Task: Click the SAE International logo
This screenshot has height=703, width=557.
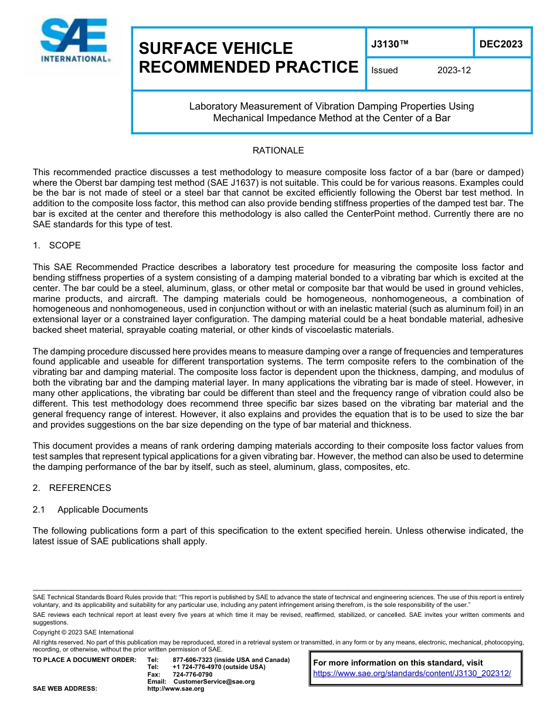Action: tap(74, 40)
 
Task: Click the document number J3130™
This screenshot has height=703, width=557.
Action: tap(388, 45)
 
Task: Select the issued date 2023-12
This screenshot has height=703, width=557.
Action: tap(454, 70)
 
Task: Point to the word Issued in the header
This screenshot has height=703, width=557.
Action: tap(385, 70)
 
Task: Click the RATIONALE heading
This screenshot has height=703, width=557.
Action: tap(278, 151)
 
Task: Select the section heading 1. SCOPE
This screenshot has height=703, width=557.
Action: tap(57, 245)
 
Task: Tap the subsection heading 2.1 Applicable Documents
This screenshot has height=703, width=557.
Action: tap(90, 510)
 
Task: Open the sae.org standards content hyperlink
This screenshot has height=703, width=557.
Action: tap(412, 674)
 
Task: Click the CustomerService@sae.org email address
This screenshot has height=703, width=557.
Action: tap(214, 681)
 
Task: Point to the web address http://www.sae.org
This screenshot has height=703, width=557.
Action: tap(175, 689)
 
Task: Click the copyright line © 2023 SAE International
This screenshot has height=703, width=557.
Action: tap(83, 632)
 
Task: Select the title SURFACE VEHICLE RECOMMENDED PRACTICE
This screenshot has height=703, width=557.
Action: tap(248, 57)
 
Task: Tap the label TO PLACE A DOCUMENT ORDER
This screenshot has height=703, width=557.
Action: tap(84, 660)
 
